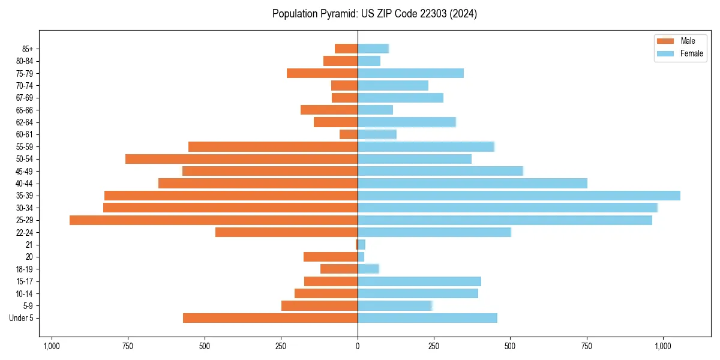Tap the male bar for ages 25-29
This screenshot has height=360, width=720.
[214, 220]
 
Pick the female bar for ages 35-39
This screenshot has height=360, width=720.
[519, 196]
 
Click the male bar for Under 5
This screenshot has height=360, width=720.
[270, 318]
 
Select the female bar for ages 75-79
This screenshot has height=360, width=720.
[410, 73]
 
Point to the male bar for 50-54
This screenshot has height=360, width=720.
[241, 159]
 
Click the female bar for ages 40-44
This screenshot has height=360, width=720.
[472, 183]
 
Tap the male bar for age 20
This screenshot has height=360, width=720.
[331, 257]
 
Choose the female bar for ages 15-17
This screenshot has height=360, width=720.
[419, 281]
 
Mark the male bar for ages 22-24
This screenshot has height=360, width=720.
[286, 232]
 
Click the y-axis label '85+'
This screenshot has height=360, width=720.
[26, 49]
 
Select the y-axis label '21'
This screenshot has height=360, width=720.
[29, 245]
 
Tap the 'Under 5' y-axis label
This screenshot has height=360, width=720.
[22, 318]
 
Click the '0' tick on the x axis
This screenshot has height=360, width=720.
[358, 346]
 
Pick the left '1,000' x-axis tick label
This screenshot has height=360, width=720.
[52, 346]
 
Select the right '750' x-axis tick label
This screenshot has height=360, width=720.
[587, 346]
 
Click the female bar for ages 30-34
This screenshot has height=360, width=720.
[508, 208]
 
